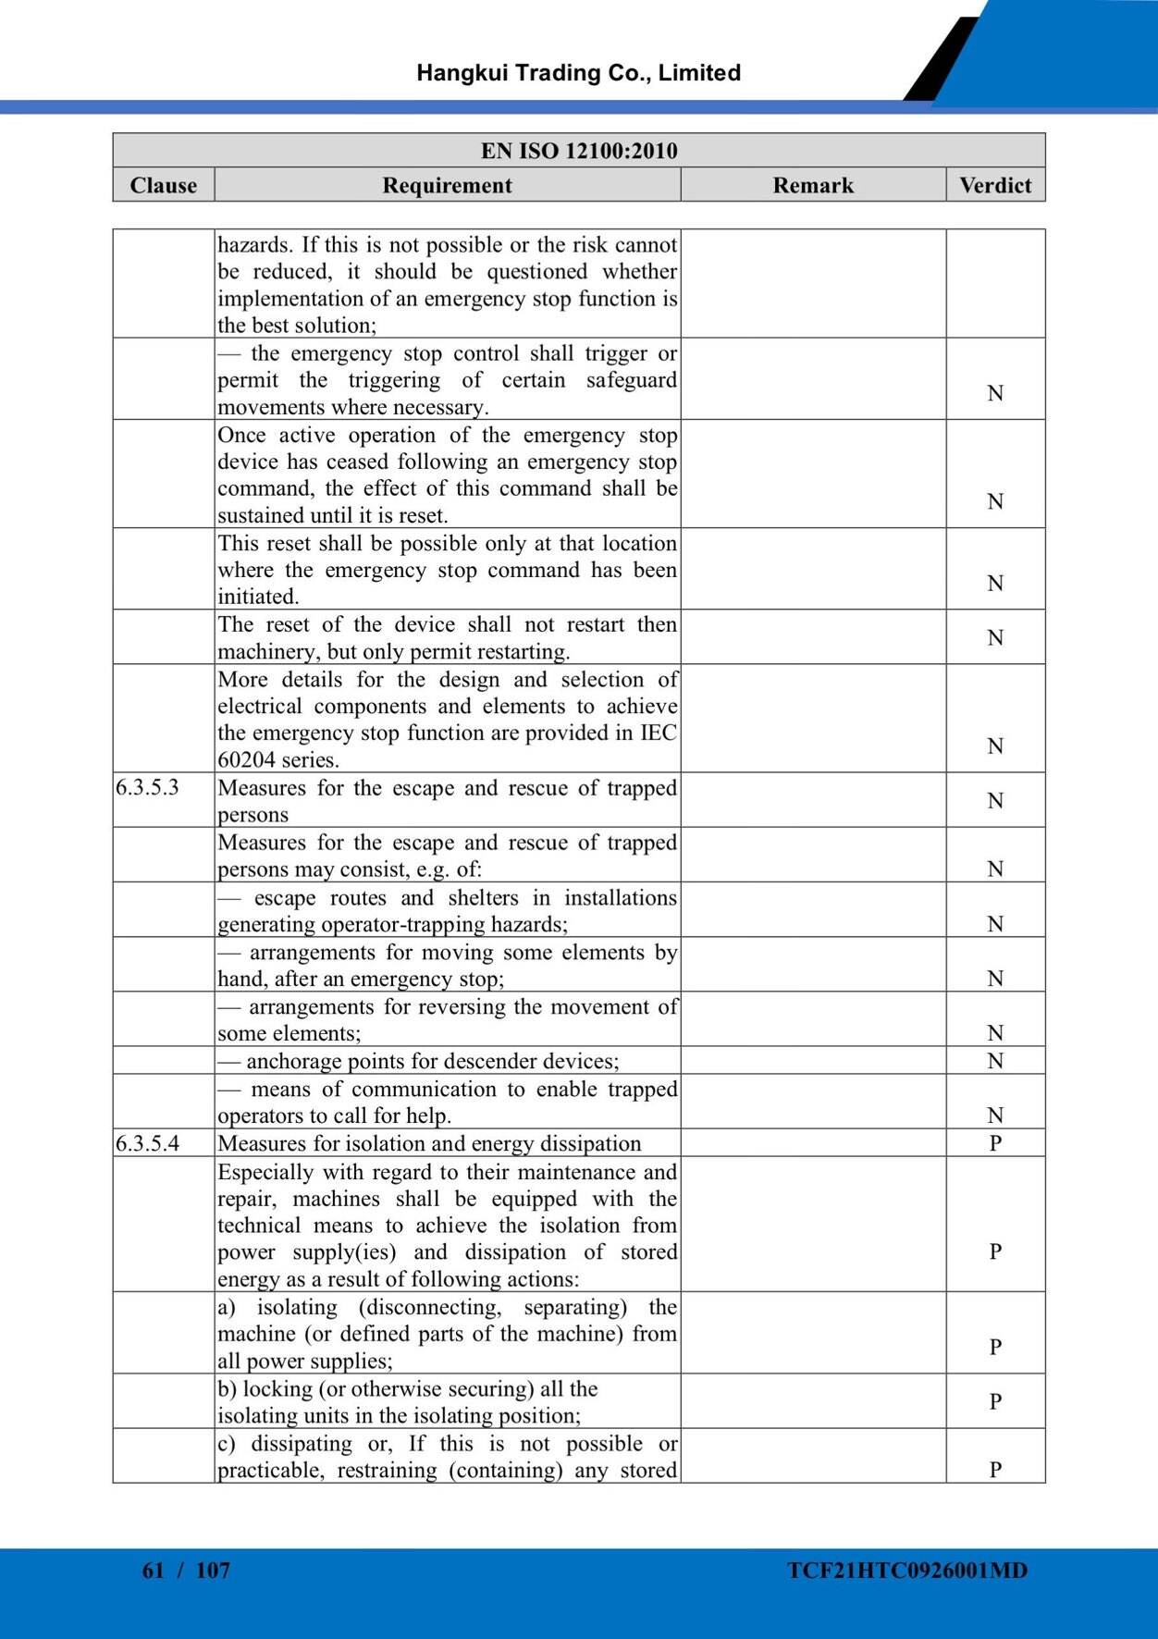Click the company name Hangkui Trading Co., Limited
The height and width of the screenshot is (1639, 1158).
[578, 73]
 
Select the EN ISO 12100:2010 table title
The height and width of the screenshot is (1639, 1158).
[579, 151]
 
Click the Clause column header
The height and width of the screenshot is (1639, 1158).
[164, 185]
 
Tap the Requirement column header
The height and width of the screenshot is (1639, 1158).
[447, 185]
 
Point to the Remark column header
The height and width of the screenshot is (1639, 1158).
[813, 185]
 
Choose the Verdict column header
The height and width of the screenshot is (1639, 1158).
[995, 185]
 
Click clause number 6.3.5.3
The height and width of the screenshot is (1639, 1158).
[147, 788]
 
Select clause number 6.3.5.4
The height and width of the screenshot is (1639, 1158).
[147, 1143]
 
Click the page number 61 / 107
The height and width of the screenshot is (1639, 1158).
[186, 1571]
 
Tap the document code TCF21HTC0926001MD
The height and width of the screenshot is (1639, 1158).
[907, 1571]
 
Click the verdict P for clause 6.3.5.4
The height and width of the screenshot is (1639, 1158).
[995, 1143]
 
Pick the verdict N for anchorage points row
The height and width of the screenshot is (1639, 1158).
[995, 1061]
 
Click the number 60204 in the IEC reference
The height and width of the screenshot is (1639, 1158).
[246, 760]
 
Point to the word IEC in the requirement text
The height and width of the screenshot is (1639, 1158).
[659, 733]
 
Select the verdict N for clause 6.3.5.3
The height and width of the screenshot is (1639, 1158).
[995, 801]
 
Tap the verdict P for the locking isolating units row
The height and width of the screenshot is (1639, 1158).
[995, 1402]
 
